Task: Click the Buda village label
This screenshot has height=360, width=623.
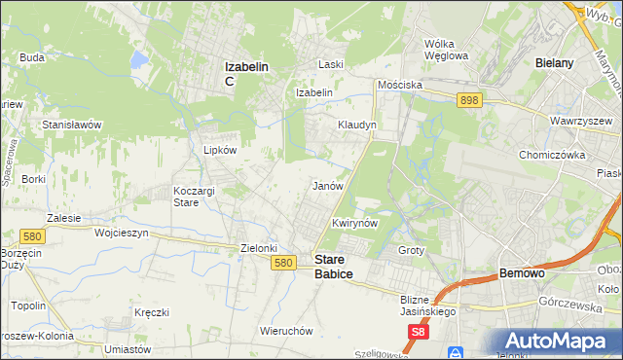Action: click(x=32, y=57)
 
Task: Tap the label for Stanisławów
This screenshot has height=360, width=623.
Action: click(x=72, y=126)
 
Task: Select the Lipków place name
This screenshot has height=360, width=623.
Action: click(x=219, y=151)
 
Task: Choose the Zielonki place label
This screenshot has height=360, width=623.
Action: click(x=260, y=248)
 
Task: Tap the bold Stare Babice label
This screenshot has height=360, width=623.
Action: click(x=333, y=267)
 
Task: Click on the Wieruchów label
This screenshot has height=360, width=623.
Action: click(x=286, y=331)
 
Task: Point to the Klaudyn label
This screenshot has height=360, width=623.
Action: click(x=356, y=126)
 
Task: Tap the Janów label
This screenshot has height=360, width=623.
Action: click(x=327, y=185)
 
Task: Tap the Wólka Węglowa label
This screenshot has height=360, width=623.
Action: click(x=447, y=50)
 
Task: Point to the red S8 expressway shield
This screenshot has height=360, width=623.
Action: click(x=418, y=333)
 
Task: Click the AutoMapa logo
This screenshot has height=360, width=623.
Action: click(x=559, y=340)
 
